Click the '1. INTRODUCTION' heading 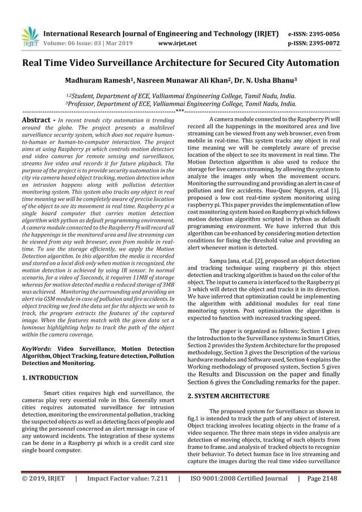point(50,377)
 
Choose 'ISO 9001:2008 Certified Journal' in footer point(239,479)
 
